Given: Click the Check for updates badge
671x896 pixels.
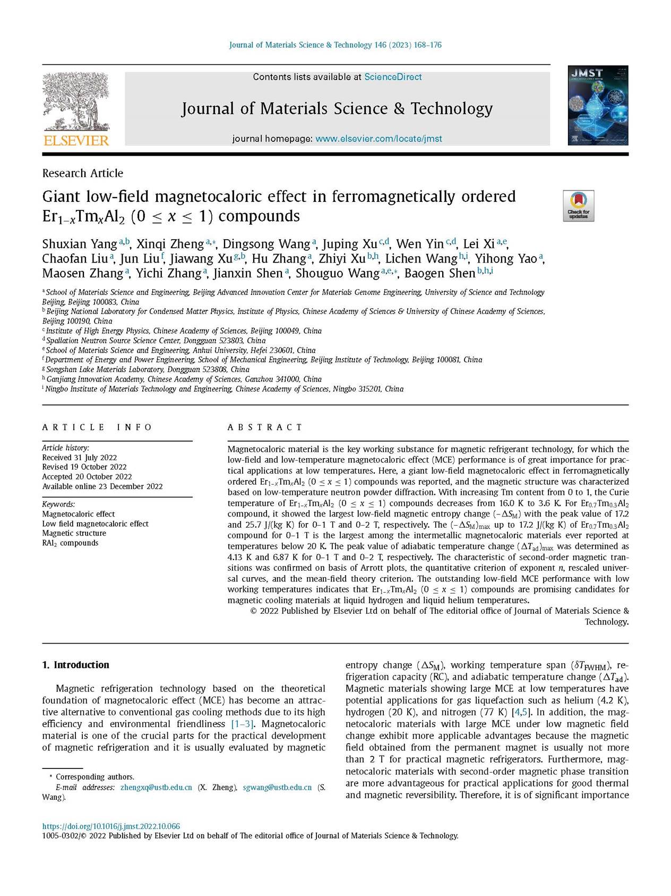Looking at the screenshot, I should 578,206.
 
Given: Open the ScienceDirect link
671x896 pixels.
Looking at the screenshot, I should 393,77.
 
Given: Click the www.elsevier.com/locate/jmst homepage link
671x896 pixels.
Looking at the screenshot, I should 378,139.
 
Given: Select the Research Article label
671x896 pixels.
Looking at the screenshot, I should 82,173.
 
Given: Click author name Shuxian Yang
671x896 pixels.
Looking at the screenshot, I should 80,244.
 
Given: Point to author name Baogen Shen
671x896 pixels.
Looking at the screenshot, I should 439,273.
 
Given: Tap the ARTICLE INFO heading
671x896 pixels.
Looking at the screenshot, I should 97,427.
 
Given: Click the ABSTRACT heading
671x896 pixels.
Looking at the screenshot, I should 265,427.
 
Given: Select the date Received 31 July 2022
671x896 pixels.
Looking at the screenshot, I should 80,458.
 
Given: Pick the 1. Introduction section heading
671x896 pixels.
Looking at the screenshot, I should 75,665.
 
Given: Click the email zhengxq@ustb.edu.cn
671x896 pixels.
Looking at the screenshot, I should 156,787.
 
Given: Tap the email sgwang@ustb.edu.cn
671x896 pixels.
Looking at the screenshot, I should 277,787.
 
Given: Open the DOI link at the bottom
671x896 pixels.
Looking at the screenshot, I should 111,826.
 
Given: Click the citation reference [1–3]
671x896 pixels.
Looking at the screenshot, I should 242,724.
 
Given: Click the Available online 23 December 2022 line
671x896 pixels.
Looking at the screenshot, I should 102,486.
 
